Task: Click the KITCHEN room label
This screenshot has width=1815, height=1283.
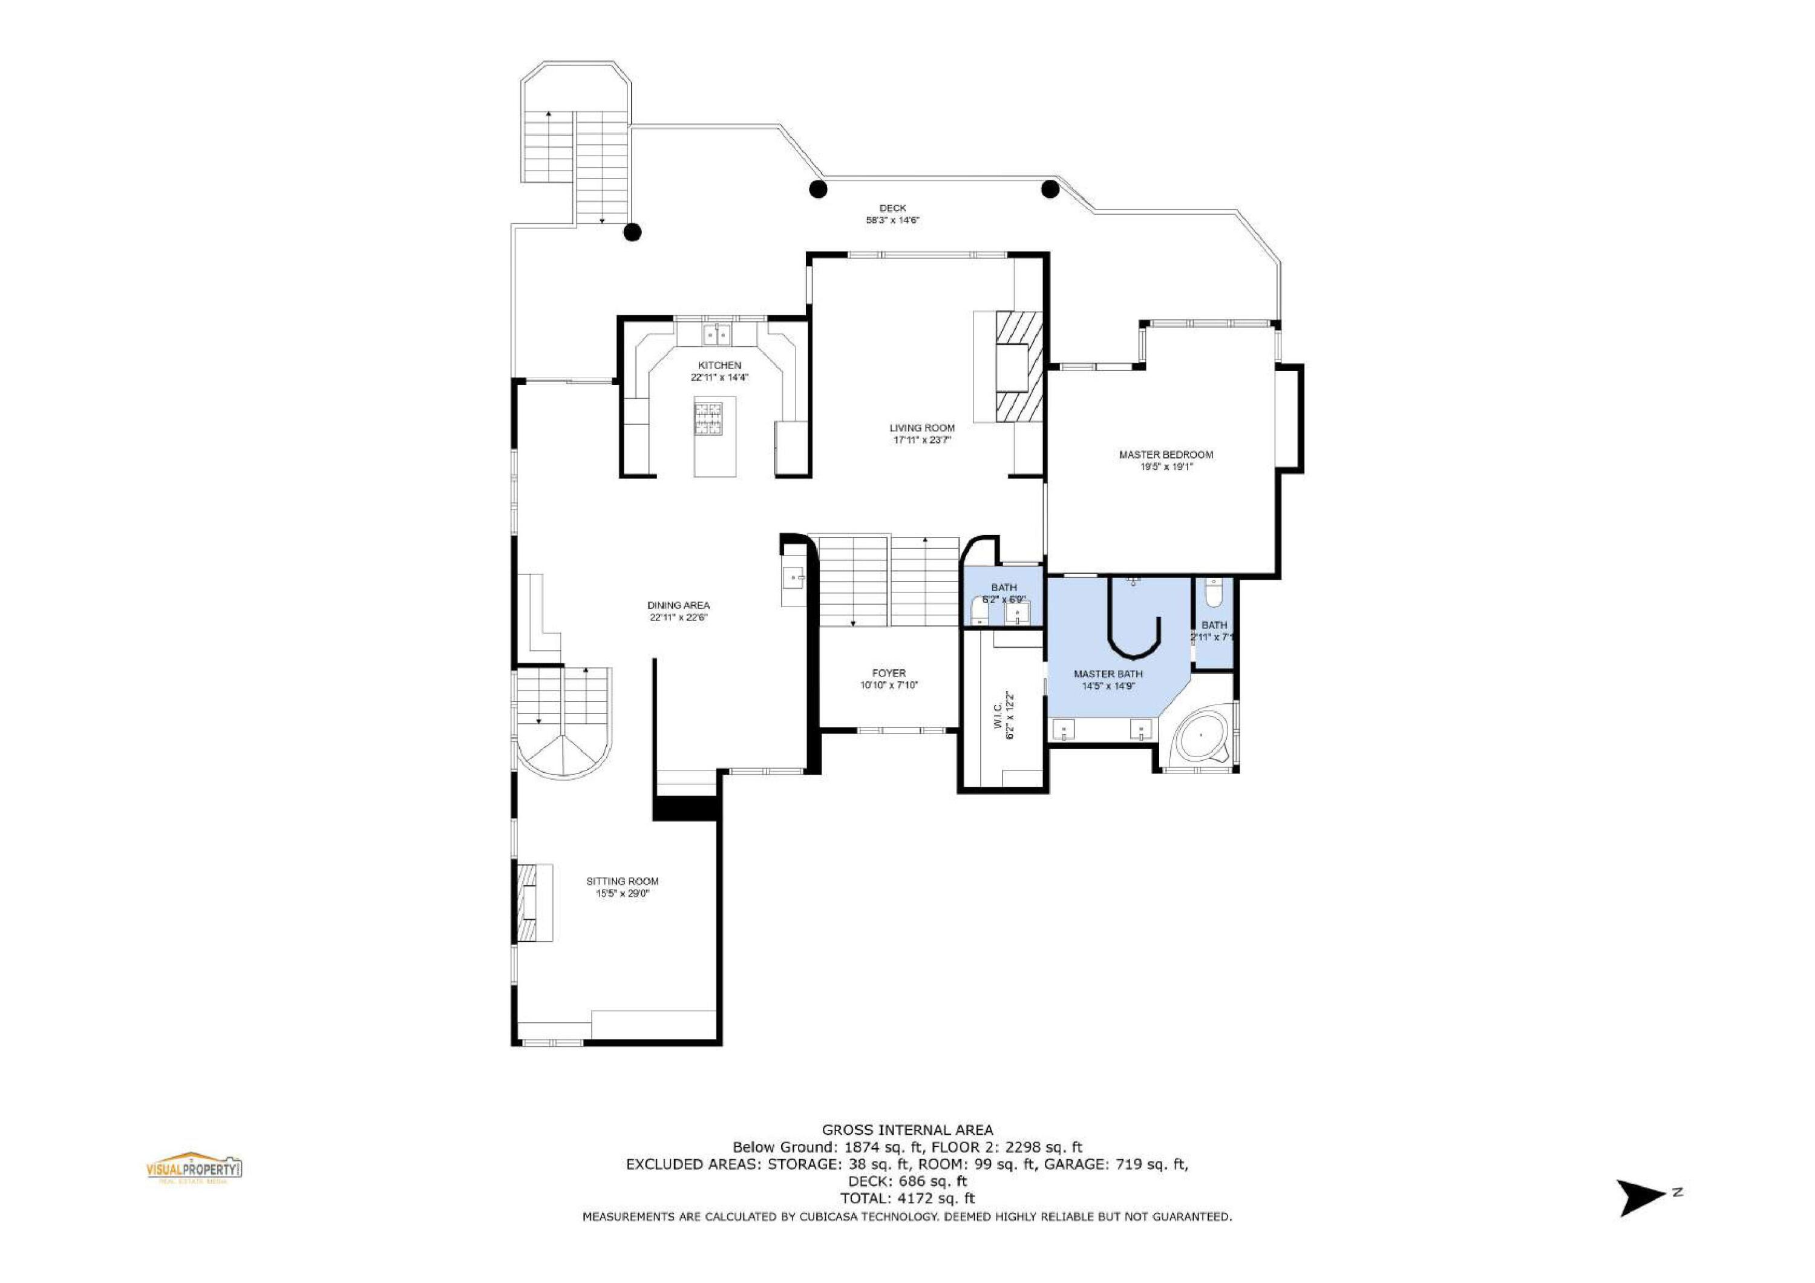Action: (x=719, y=365)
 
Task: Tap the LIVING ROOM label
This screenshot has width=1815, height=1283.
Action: (x=922, y=428)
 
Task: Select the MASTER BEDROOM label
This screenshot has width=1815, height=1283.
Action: (x=1166, y=454)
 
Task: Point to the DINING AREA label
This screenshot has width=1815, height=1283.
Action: (x=678, y=606)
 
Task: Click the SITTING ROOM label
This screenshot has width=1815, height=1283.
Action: (x=622, y=881)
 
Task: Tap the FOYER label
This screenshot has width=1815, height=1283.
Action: (x=889, y=674)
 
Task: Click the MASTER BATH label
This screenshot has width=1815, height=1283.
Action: (x=1108, y=674)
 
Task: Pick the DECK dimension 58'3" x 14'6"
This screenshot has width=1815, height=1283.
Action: (x=892, y=220)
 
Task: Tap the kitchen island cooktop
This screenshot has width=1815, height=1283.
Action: (x=708, y=419)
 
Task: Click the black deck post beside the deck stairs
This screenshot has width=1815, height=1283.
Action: (x=632, y=232)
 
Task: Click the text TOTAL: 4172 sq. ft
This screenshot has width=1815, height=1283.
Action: (x=907, y=1198)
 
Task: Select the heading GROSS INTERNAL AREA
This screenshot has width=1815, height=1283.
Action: (x=907, y=1130)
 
